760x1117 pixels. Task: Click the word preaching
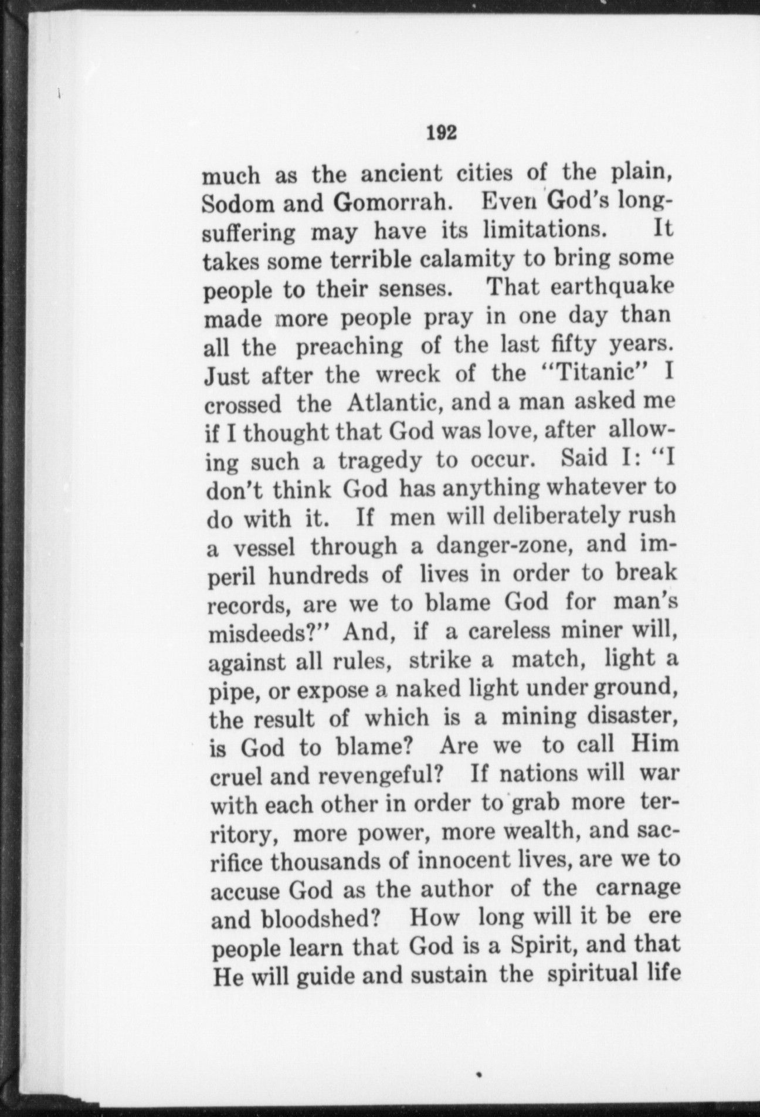point(350,346)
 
